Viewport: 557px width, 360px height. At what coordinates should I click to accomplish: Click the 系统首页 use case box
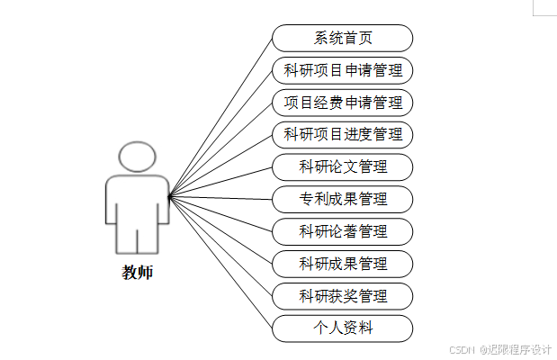click(x=343, y=39)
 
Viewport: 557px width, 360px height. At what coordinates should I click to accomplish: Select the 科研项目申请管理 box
click(x=343, y=70)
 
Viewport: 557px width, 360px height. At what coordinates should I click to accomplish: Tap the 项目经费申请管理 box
click(x=343, y=103)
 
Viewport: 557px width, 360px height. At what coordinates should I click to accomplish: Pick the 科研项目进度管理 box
click(x=343, y=135)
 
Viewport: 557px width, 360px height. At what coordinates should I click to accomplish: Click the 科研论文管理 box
click(x=343, y=167)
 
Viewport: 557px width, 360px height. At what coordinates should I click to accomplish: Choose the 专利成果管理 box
click(x=343, y=199)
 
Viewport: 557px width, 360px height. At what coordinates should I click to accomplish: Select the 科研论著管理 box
click(x=343, y=231)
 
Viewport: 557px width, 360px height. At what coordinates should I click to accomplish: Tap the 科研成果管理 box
click(x=343, y=264)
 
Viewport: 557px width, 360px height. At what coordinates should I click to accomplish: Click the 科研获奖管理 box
click(x=343, y=296)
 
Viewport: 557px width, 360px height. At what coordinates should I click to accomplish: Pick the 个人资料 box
click(x=343, y=328)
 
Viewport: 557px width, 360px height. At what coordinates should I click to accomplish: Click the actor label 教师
click(x=138, y=272)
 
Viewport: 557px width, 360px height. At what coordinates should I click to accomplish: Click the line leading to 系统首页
click(x=220, y=116)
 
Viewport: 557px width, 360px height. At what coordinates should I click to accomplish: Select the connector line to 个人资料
click(x=220, y=262)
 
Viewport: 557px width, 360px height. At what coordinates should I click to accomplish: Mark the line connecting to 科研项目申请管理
click(x=220, y=132)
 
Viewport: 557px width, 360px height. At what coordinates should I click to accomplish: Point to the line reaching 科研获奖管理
click(x=220, y=246)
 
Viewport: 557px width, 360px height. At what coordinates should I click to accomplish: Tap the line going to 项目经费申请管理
click(x=220, y=148)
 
